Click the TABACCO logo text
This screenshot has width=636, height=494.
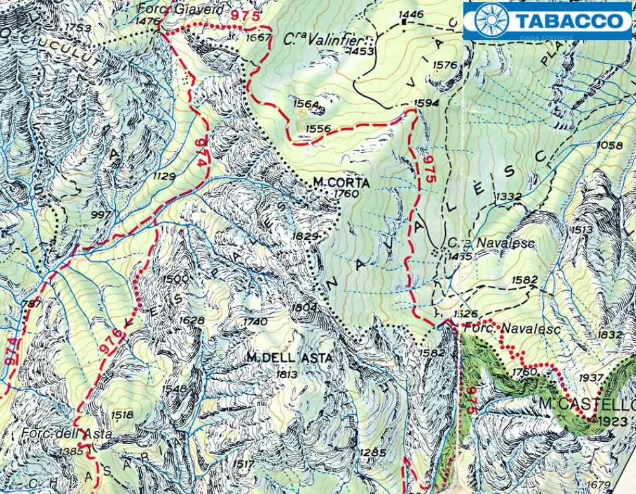point(569,20)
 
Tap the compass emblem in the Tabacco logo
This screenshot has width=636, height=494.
point(491,20)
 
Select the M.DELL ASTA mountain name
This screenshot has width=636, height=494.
point(289,358)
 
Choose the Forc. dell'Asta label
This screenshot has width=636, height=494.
point(66,434)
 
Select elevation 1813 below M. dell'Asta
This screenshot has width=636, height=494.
point(286,374)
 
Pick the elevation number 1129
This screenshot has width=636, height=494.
point(164,176)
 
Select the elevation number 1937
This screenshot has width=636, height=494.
point(591,378)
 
